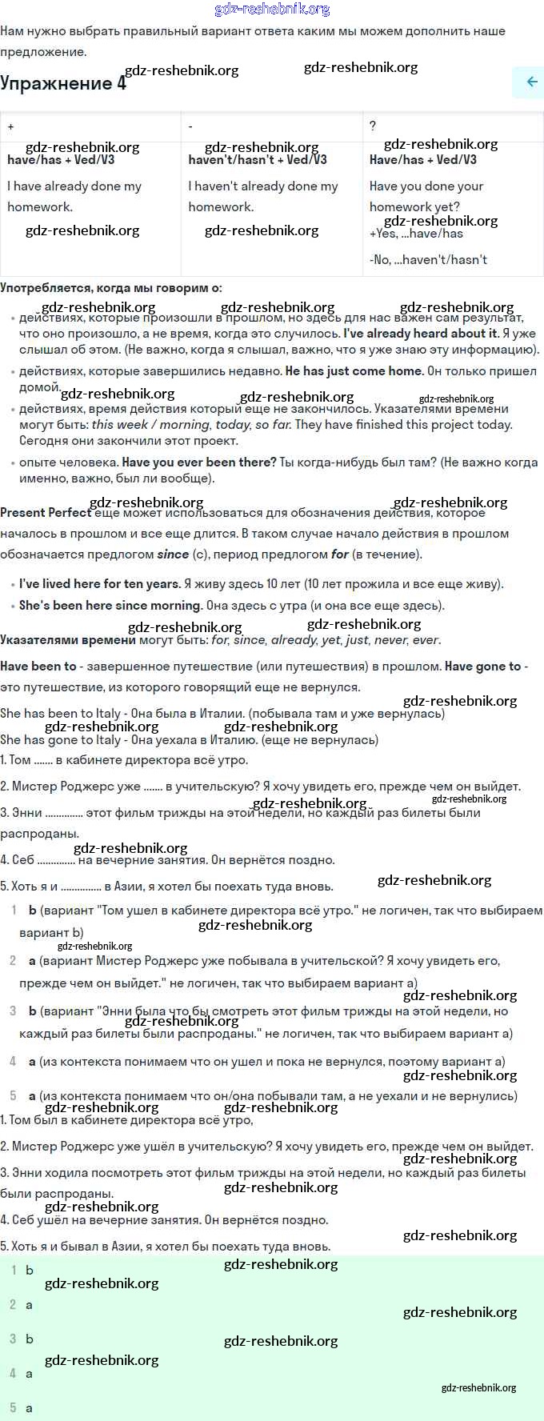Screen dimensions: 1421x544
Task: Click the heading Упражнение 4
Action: click(x=62, y=83)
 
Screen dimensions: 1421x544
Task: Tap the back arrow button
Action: click(x=530, y=82)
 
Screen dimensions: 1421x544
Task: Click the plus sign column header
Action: click(x=11, y=126)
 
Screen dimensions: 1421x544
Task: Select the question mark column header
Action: click(x=373, y=126)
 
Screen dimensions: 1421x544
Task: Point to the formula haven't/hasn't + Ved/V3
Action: click(x=257, y=159)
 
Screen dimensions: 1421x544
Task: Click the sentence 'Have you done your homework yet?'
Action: click(x=426, y=196)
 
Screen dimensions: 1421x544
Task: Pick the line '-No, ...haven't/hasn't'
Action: click(x=428, y=259)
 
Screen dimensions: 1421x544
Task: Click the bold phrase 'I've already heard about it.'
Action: click(x=421, y=333)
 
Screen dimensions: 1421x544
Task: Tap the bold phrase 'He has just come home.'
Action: click(x=354, y=370)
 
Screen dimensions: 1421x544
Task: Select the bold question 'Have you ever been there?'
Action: click(x=199, y=462)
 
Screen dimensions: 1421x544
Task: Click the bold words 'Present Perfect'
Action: click(x=46, y=513)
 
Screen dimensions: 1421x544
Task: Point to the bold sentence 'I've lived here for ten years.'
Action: click(x=99, y=583)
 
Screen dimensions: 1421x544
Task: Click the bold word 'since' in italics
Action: click(x=173, y=554)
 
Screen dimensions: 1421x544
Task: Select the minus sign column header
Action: click(x=190, y=126)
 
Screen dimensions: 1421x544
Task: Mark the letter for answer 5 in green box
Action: click(x=30, y=1407)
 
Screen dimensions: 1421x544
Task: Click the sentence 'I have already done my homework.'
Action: click(x=74, y=196)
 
